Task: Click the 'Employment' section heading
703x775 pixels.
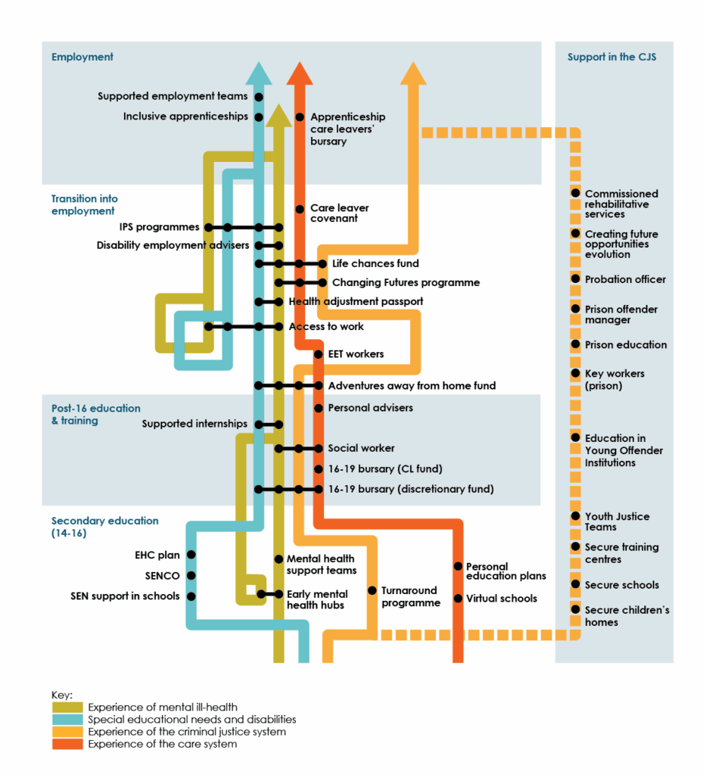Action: [x=82, y=57]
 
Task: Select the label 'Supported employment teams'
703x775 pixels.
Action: [x=173, y=96]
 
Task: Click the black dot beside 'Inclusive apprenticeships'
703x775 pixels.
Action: [x=259, y=117]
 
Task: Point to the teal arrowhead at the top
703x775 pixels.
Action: [x=259, y=73]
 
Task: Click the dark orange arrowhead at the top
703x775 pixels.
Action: [x=300, y=73]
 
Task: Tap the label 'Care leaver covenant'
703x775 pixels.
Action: [x=339, y=213]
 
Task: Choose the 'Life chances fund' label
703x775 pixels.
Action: [x=375, y=263]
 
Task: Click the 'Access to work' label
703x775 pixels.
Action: [x=326, y=326]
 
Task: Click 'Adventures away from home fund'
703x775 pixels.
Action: [x=412, y=385]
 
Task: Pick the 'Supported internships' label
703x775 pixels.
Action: [x=194, y=424]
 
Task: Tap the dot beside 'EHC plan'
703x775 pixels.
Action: [x=191, y=555]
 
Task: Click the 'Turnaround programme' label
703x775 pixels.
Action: [x=409, y=596]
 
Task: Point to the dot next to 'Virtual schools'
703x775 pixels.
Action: [x=458, y=598]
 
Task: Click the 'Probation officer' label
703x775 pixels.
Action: [x=625, y=279]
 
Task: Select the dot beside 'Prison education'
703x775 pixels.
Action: [x=575, y=344]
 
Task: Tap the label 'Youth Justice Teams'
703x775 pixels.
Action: [x=616, y=521]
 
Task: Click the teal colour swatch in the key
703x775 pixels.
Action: [x=68, y=720]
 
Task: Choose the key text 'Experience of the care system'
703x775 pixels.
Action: [x=162, y=744]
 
